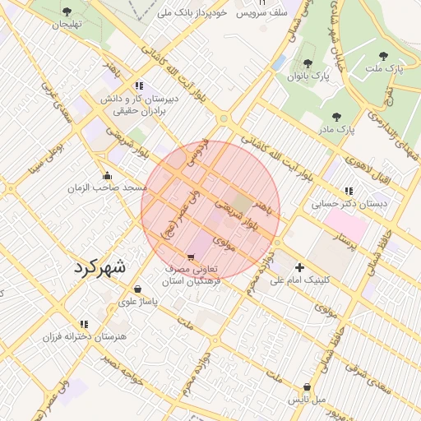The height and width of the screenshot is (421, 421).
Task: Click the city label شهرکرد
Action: pos(100,267)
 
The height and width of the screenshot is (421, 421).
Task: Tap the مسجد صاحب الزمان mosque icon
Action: pos(107,175)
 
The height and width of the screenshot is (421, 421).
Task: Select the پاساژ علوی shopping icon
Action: pos(136,289)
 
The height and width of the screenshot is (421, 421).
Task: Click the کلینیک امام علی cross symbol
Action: pos(299,267)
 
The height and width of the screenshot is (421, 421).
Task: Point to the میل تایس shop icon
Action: pos(307,386)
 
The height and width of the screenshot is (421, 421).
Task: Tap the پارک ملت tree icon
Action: pos(382,57)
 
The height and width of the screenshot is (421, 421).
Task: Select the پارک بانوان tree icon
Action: pos(308,63)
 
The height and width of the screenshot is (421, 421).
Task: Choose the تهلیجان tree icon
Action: pos(67,12)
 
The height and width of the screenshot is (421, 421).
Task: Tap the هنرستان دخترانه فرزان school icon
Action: pos(83,325)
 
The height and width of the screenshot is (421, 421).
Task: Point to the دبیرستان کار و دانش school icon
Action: pos(139,85)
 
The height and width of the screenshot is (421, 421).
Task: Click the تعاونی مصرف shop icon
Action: pos(192,257)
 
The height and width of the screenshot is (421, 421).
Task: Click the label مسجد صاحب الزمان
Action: pos(108,187)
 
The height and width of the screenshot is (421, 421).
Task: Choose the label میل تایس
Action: pos(306,399)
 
